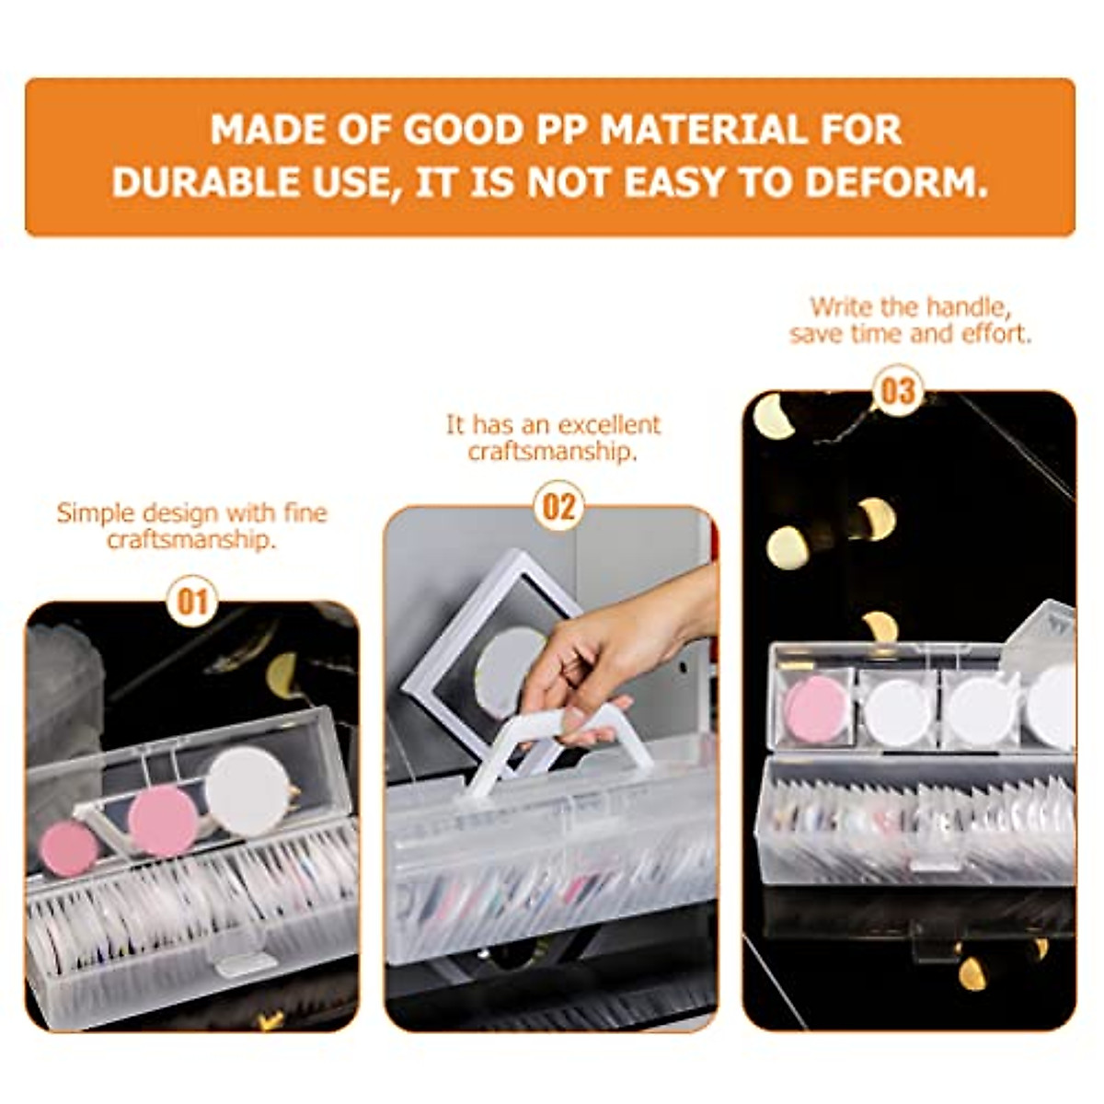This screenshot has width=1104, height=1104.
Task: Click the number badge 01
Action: click(191, 603)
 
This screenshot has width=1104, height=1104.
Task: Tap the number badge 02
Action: click(558, 507)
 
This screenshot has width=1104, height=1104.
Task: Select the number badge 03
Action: click(897, 391)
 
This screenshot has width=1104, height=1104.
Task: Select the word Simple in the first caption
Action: click(89, 512)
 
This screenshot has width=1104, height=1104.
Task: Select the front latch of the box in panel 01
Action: click(245, 962)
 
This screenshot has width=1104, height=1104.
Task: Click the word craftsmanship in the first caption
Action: click(191, 539)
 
